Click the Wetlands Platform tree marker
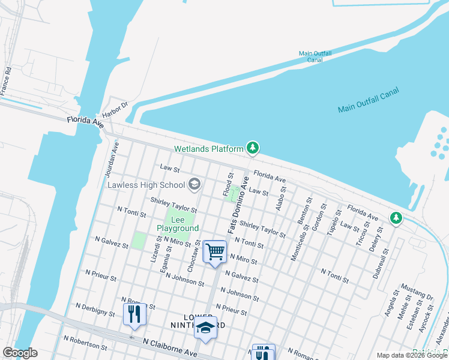click(x=253, y=148)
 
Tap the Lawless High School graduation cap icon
click(x=194, y=184)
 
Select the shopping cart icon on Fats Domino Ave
click(x=215, y=251)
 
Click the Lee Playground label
click(x=178, y=224)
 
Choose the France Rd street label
click(x=6, y=79)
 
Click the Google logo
click(x=19, y=353)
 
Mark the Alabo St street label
click(x=280, y=196)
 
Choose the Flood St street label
click(x=229, y=184)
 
